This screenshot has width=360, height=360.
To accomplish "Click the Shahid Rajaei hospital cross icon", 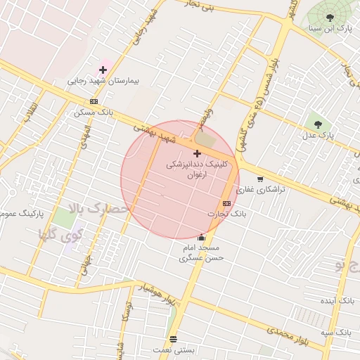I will click(103, 69).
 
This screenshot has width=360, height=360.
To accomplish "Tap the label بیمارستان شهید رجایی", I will click(103, 81).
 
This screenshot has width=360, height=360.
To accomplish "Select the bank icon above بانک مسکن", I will click(94, 101).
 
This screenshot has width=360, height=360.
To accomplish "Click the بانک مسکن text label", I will click(94, 112).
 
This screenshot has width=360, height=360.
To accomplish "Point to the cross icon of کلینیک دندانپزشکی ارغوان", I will click(196, 153).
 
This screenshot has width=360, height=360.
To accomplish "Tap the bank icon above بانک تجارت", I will click(226, 202).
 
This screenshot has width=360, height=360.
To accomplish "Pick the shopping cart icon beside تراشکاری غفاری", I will click(260, 179).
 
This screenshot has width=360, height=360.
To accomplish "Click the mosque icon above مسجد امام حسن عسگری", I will click(202, 237).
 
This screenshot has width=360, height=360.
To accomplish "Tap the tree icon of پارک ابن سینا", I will click(330, 17).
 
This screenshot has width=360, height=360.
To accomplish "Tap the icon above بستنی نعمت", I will click(174, 338).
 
